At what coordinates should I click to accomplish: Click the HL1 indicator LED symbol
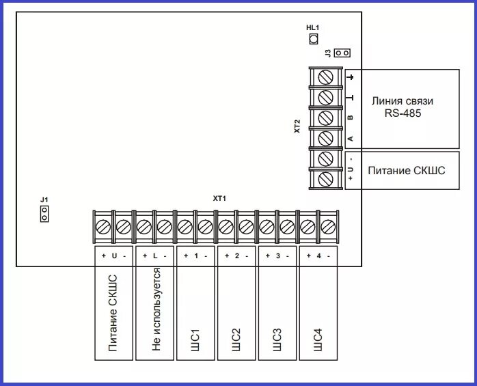point(314,39)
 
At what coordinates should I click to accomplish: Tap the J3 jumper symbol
point(344,53)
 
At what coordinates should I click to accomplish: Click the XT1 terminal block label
point(219,198)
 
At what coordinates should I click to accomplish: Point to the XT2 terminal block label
point(297,126)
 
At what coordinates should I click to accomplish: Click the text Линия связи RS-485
point(403,107)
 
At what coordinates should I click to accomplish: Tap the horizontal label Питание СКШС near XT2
point(406,169)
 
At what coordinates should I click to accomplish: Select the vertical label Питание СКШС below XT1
point(113,314)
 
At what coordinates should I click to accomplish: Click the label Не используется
point(156,314)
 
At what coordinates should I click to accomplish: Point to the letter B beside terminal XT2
point(350,118)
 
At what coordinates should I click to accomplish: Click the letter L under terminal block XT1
point(155,256)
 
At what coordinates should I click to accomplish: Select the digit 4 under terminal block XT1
point(318,256)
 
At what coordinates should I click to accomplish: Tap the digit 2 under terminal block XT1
point(236,256)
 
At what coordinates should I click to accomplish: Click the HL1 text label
point(313,27)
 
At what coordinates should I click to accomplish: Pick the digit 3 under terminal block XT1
point(277,256)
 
